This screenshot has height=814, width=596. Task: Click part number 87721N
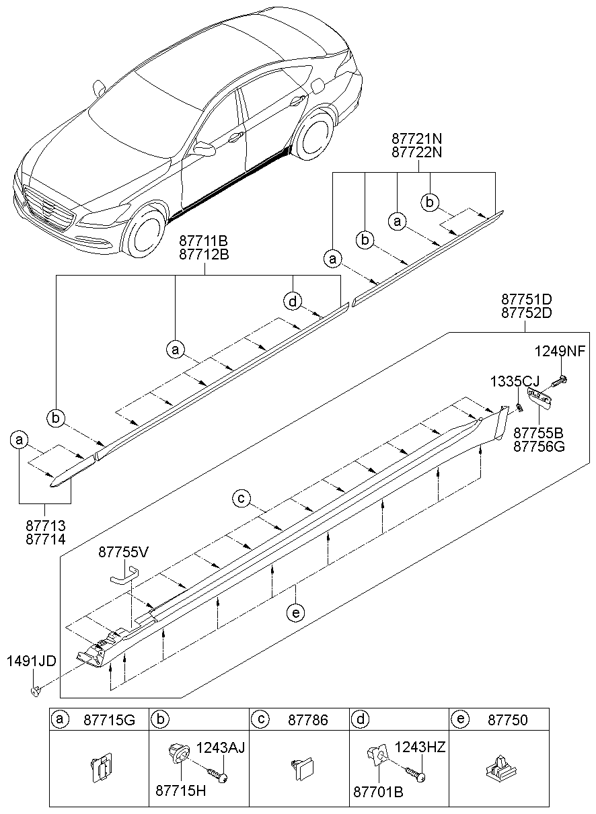point(417,138)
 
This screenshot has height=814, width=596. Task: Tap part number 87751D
point(527,298)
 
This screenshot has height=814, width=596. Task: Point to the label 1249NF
point(560,351)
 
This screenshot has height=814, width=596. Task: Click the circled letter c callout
point(242,498)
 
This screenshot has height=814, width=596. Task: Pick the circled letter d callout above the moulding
point(293,302)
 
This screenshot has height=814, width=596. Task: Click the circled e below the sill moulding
point(295,612)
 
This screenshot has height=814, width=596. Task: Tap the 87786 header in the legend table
point(308,720)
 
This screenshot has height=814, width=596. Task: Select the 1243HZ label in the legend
point(420,747)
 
